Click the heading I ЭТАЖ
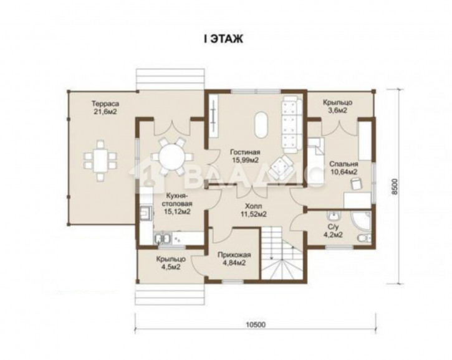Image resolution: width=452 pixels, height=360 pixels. [224, 39]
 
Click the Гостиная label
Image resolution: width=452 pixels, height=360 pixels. [245, 152]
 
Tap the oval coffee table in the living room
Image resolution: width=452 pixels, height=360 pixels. [261, 125]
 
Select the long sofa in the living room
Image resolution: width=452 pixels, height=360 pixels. [291, 125]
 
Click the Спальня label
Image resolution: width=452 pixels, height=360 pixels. [344, 164]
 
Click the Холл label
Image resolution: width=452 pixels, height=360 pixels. [254, 206]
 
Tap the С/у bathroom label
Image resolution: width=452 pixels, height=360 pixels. [333, 227]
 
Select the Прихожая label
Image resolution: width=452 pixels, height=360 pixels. [234, 255]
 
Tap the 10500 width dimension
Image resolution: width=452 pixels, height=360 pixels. [256, 324]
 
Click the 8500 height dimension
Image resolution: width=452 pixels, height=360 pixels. [395, 186]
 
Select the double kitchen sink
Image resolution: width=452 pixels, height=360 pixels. [162, 239]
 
